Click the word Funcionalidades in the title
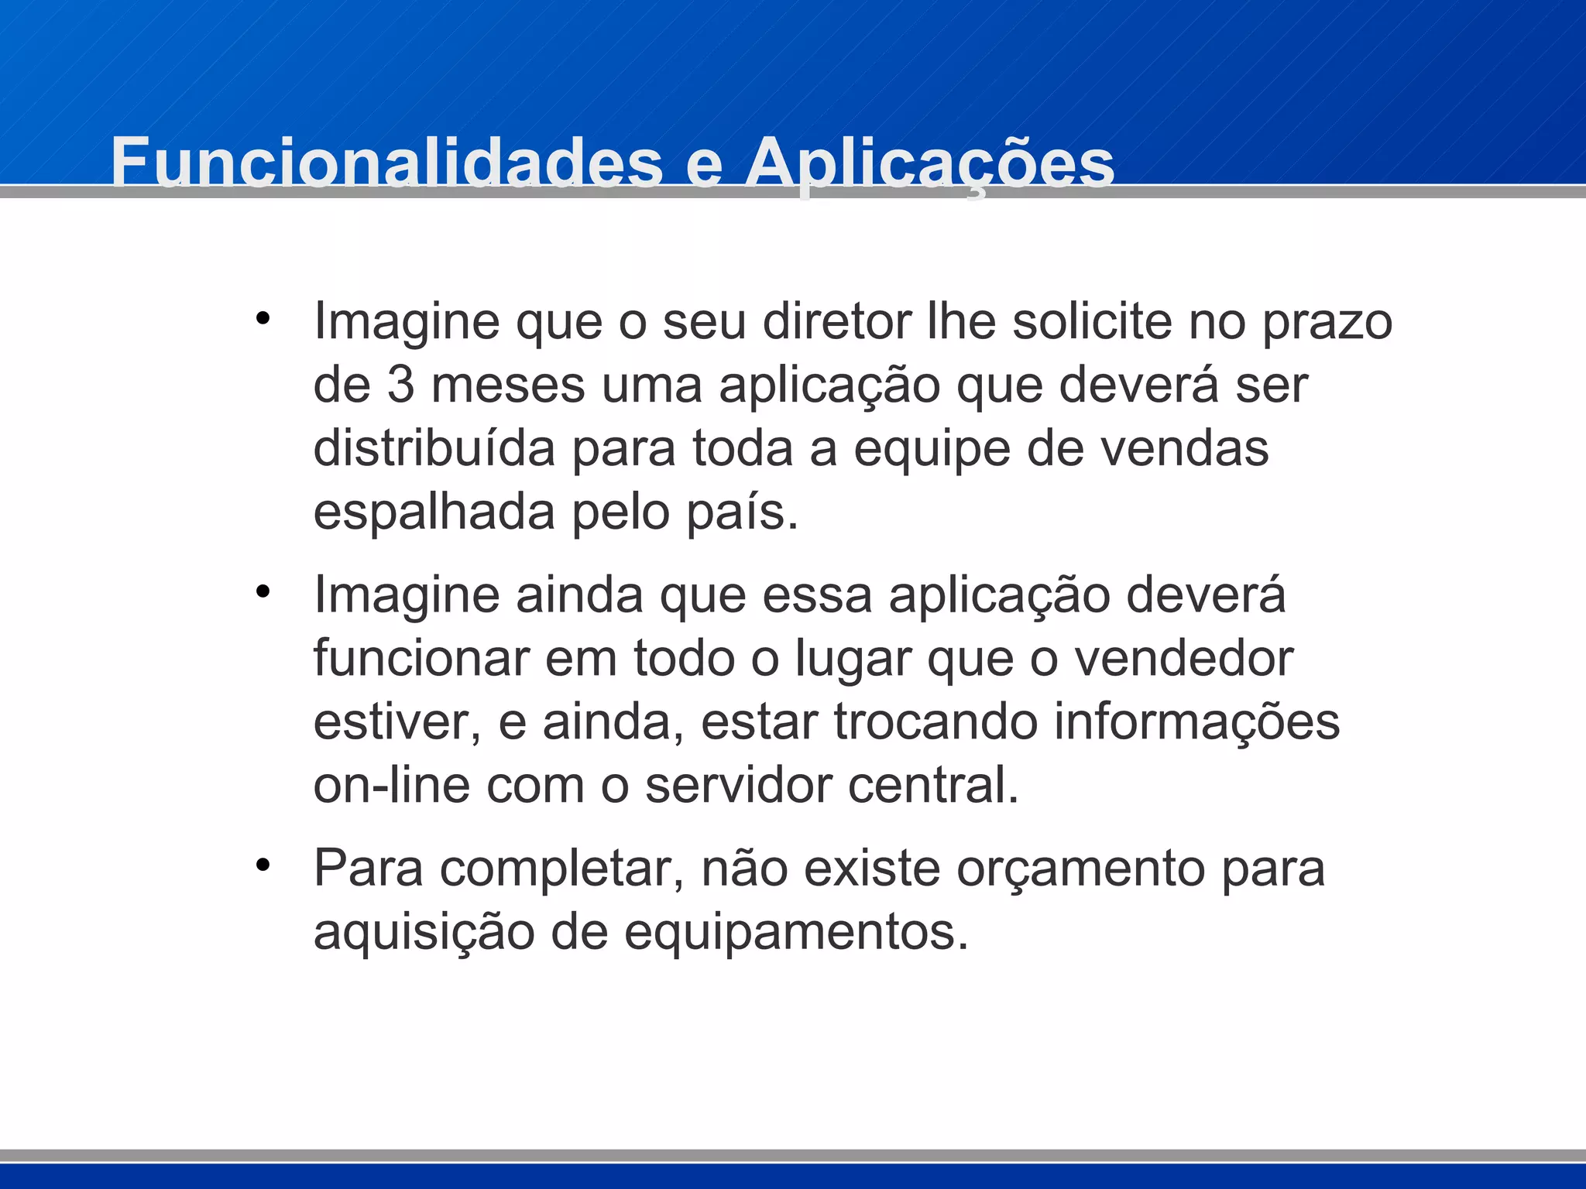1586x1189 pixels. pyautogui.click(x=386, y=163)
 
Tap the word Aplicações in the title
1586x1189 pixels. pyautogui.click(x=929, y=164)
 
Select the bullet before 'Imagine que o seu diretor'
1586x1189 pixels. pyautogui.click(x=263, y=318)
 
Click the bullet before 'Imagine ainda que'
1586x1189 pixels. pyautogui.click(x=263, y=591)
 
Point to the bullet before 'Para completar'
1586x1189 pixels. pyautogui.click(x=263, y=865)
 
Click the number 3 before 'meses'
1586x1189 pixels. pyautogui.click(x=400, y=385)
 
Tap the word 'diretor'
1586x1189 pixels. pyautogui.click(x=837, y=321)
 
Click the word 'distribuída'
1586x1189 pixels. pyautogui.click(x=434, y=448)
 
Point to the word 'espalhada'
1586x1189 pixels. pyautogui.click(x=434, y=513)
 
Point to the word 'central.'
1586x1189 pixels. pyautogui.click(x=933, y=785)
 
